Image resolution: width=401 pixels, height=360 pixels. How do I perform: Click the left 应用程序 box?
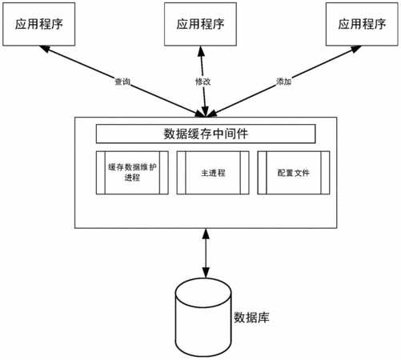pos(39,24)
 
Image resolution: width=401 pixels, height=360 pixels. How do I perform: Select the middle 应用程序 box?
pos(200,24)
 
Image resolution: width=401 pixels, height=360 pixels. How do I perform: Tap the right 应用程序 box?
pos(362,24)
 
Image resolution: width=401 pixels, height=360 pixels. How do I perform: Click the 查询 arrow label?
pos(122,82)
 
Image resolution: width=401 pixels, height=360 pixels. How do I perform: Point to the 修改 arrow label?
pos(203,82)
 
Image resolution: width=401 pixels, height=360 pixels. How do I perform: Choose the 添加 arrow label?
pos(283,82)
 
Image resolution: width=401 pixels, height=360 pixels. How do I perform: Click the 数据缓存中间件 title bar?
pos(206,134)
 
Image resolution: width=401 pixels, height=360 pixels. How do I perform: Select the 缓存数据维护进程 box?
pos(132,173)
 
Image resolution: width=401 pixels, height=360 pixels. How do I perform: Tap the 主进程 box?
pos(213,173)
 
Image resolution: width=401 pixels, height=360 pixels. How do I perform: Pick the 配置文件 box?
pos(294,173)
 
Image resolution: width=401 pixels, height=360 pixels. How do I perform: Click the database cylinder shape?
pos(203,318)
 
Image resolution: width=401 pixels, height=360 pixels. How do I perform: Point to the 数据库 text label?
pos(251,318)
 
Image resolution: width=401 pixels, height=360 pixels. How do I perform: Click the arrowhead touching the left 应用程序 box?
pos(45,49)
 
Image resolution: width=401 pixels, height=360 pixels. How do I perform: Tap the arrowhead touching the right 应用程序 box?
pos(356,50)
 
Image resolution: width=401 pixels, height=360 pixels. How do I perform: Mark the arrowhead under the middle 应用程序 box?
pos(201,52)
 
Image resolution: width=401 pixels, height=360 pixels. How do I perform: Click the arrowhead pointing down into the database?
pos(206,273)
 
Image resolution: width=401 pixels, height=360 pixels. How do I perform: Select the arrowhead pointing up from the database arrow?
pos(206,234)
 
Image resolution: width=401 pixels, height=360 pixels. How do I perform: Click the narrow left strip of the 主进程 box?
pos(181,173)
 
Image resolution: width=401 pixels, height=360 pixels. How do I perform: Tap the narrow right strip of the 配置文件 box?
pos(325,173)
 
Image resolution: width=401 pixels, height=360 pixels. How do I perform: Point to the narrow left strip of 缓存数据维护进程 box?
pos(101,173)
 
